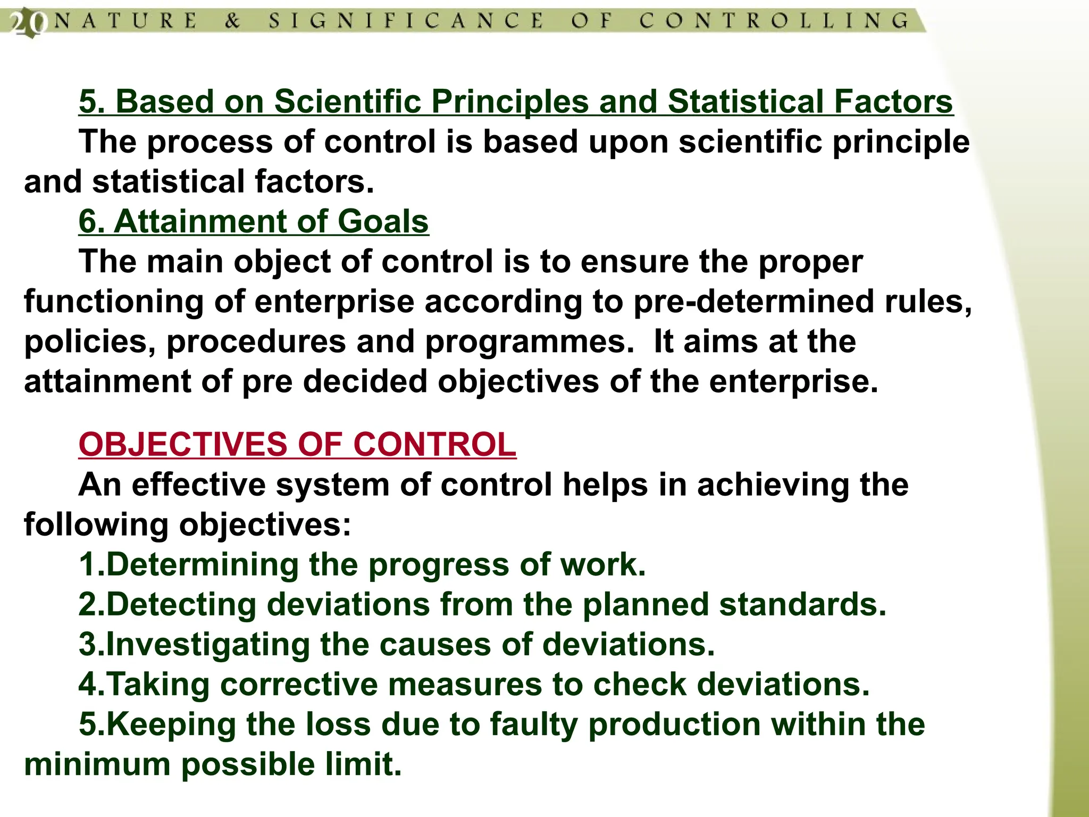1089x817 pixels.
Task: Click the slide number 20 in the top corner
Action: coord(25,23)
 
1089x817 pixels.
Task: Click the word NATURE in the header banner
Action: coord(125,21)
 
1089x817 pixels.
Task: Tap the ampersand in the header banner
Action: coord(232,21)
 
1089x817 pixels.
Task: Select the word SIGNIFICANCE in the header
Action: coord(406,21)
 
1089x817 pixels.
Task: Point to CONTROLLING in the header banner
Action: coord(774,21)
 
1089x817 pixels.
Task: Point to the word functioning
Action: coord(114,302)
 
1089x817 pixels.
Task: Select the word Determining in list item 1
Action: coord(202,565)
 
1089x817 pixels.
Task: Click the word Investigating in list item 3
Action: coord(208,645)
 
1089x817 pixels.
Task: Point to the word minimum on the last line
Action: coord(96,764)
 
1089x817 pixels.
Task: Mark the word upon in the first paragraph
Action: coord(628,143)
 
